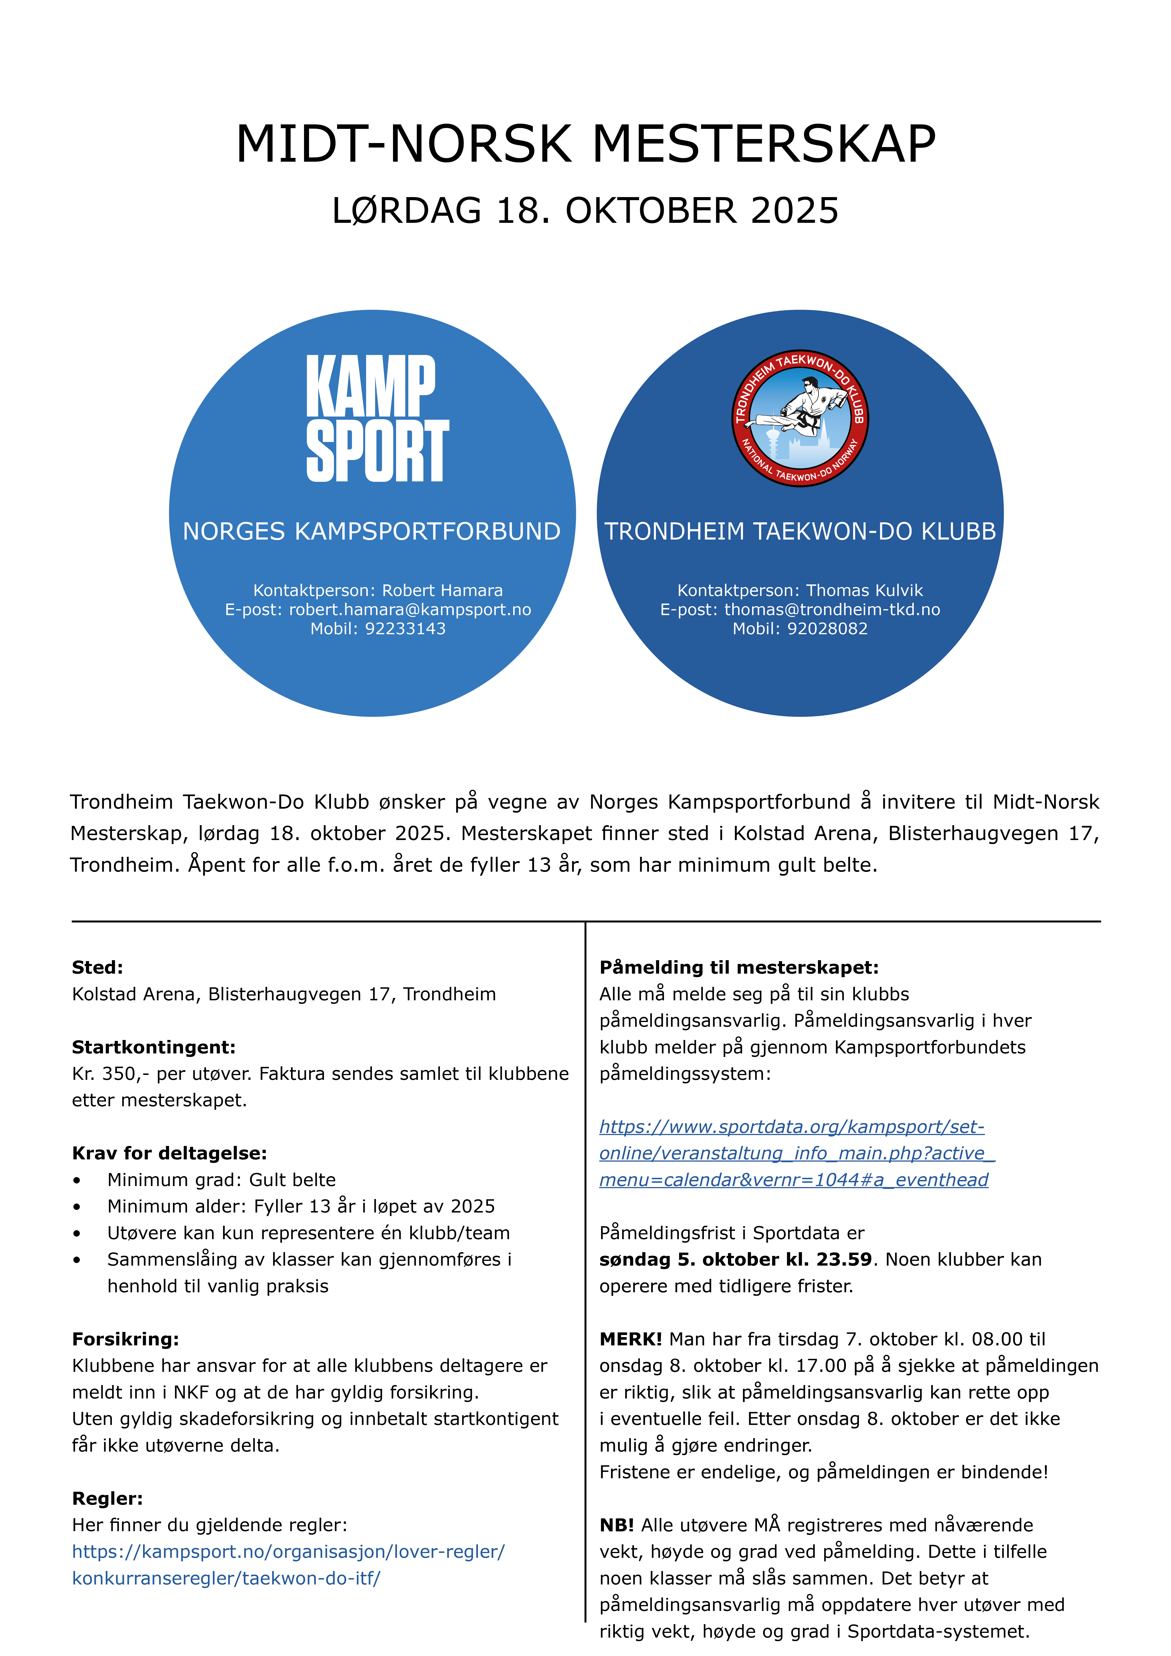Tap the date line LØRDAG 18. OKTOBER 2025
585,211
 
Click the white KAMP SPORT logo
377,418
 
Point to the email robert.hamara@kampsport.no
410,609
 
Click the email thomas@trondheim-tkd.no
832,609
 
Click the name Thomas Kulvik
864,590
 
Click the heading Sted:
97,967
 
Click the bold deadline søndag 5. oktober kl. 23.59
735,1259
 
